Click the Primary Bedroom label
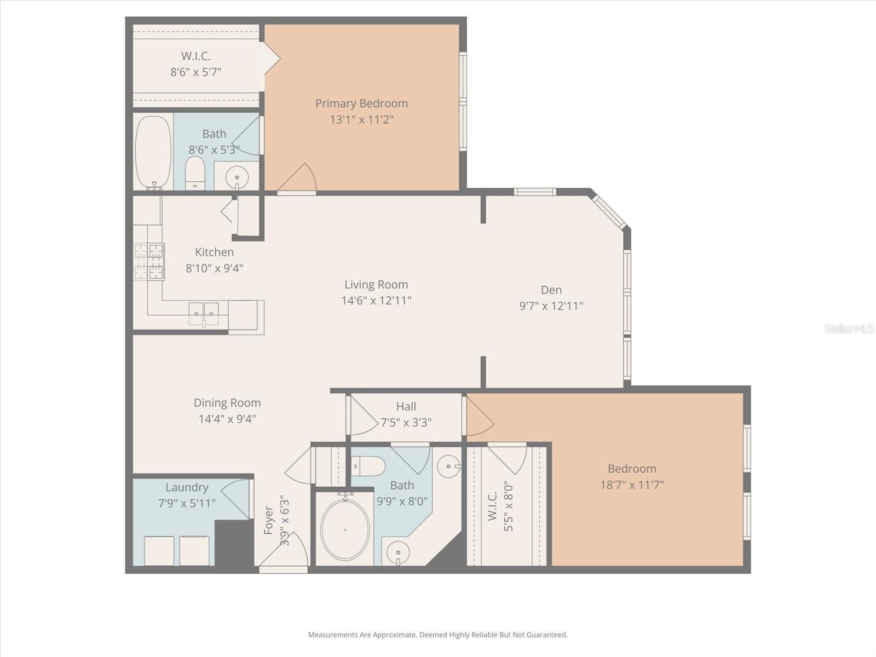coord(361,103)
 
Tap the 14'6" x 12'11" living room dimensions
coord(376,301)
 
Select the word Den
coord(551,290)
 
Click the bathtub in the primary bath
coord(153,152)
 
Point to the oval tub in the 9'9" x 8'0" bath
coord(345,529)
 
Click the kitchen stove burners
coord(149,261)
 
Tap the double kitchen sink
coord(204,314)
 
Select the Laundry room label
coord(187,487)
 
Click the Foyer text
coord(268,520)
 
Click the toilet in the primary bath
coord(195,172)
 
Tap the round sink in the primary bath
coord(237,177)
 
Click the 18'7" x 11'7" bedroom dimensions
coord(631,485)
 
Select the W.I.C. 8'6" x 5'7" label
coord(195,64)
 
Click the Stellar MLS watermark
coord(849,328)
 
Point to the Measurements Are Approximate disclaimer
coord(437,635)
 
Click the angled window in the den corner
coord(609,212)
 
